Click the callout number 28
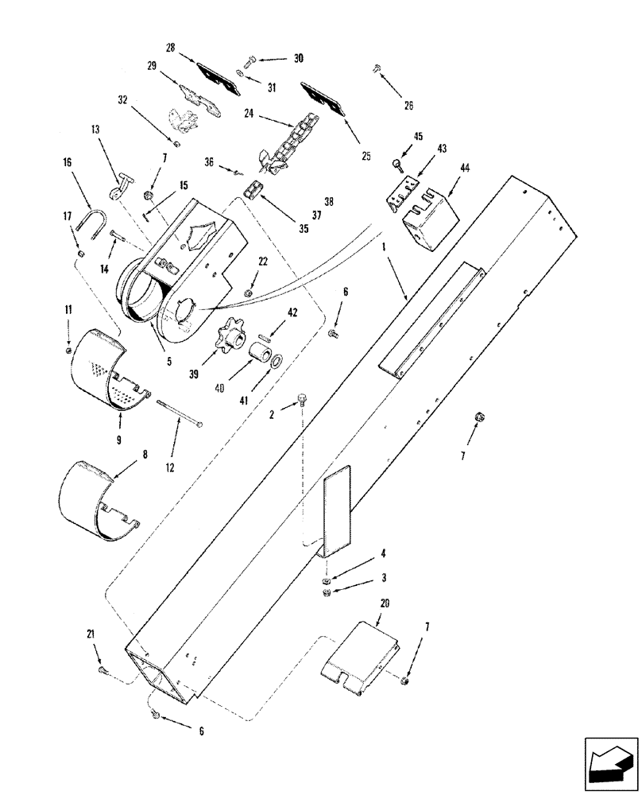(170, 48)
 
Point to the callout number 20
(385, 603)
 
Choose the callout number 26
(408, 104)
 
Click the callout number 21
(91, 634)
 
